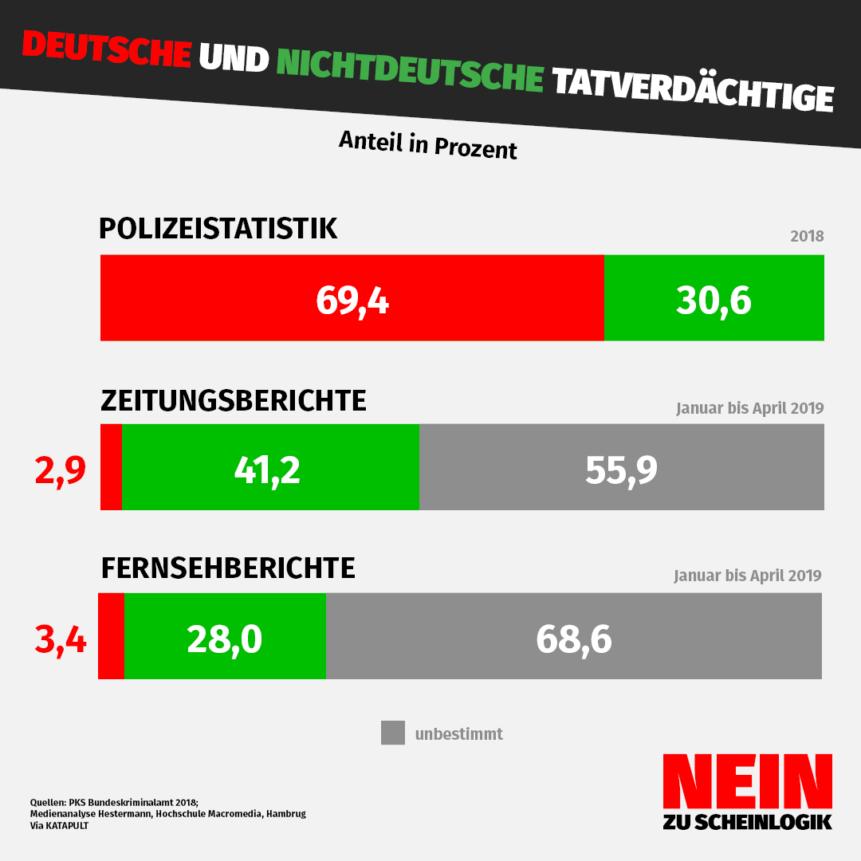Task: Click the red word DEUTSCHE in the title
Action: tap(106, 49)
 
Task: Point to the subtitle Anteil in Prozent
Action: tap(428, 144)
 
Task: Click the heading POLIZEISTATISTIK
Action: tap(218, 229)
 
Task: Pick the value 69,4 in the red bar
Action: tap(352, 300)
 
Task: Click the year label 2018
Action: tap(806, 237)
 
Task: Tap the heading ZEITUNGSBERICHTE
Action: tap(234, 400)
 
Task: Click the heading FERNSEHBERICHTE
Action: tap(228, 568)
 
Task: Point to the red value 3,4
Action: tap(60, 639)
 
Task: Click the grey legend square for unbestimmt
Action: tap(393, 733)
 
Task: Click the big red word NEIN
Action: tap(747, 780)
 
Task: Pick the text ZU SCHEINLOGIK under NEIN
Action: tap(747, 822)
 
